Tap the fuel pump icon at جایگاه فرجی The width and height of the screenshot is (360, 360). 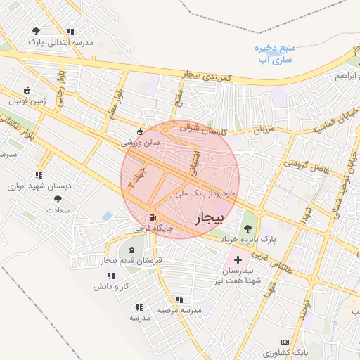(153, 217)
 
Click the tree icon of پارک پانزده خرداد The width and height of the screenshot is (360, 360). (247, 228)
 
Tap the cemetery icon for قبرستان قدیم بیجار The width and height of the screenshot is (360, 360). (131, 250)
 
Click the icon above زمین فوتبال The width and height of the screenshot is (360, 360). (27, 90)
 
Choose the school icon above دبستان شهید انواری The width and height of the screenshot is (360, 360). (39, 175)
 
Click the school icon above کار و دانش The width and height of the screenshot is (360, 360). (111, 276)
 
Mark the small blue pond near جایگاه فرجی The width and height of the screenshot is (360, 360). (107, 216)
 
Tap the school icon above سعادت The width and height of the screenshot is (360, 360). (55, 198)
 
